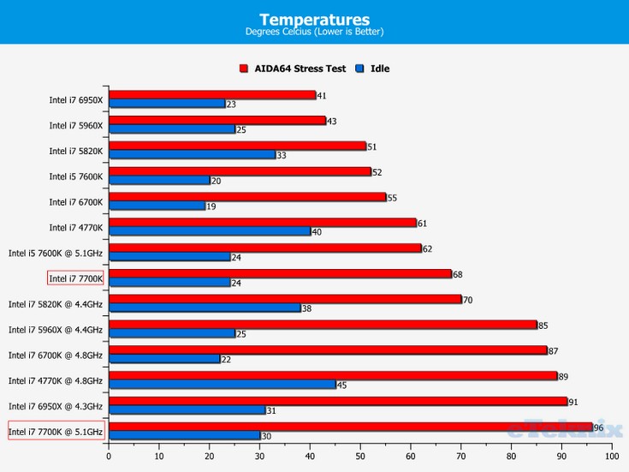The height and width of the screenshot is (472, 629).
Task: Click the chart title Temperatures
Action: [314, 19]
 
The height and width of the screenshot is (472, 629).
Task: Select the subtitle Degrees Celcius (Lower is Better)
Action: [314, 33]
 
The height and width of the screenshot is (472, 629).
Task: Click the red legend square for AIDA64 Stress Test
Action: [244, 68]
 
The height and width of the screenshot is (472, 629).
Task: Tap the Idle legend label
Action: [380, 68]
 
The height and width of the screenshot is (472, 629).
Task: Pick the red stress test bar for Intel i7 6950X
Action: [211, 95]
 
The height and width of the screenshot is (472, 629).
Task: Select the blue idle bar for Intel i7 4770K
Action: [209, 231]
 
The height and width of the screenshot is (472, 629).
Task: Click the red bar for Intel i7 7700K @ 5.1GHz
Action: [350, 427]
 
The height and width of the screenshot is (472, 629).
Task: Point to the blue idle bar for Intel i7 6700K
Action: [157, 206]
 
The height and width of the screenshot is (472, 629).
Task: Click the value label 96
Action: [599, 427]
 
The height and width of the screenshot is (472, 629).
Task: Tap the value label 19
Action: [211, 206]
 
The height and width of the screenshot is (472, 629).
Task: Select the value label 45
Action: [342, 385]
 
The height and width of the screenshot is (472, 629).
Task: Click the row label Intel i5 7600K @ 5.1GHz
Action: [56, 253]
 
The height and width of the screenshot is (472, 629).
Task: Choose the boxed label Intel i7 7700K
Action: [75, 278]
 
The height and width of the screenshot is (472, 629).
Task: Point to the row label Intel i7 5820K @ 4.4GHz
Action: [56, 304]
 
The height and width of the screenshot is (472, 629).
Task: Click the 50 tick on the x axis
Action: [360, 457]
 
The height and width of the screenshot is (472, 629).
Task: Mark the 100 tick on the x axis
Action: [611, 457]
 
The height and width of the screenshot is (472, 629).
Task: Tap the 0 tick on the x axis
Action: [109, 457]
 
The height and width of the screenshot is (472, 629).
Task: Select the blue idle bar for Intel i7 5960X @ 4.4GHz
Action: [171, 333]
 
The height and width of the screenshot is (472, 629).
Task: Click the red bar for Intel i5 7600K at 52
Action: [240, 171]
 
